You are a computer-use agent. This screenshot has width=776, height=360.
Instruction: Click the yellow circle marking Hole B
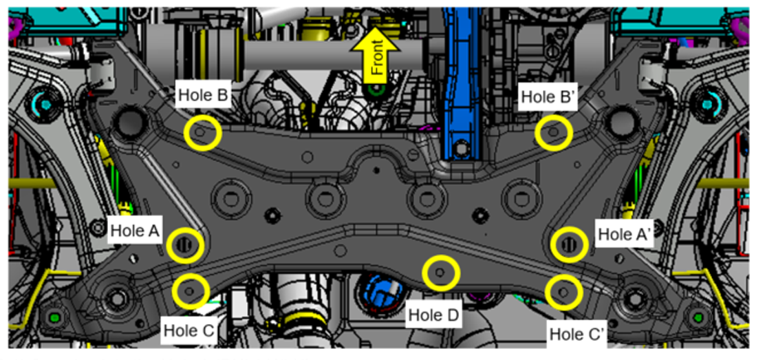pyautogui.click(x=203, y=133)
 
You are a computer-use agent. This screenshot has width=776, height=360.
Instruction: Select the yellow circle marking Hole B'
pyautogui.click(x=554, y=132)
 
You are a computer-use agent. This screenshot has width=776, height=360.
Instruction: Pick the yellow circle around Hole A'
pyautogui.click(x=570, y=244)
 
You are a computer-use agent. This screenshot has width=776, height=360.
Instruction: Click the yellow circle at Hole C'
pyautogui.click(x=563, y=292)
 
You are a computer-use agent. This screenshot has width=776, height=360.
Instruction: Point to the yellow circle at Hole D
pyautogui.click(x=440, y=273)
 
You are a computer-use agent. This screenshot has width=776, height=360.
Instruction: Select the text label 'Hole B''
pyautogui.click(x=548, y=96)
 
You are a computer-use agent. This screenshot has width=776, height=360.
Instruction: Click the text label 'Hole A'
pyautogui.click(x=135, y=230)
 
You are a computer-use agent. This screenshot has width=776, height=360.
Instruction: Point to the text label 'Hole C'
pyautogui.click(x=188, y=331)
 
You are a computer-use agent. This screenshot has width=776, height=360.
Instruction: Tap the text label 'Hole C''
pyautogui.click(x=576, y=335)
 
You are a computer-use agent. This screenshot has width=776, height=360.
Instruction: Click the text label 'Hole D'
pyautogui.click(x=433, y=316)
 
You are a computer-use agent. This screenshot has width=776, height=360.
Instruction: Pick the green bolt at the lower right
pyautogui.click(x=700, y=317)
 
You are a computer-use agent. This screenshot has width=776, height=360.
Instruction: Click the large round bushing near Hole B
pyautogui.click(x=129, y=122)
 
